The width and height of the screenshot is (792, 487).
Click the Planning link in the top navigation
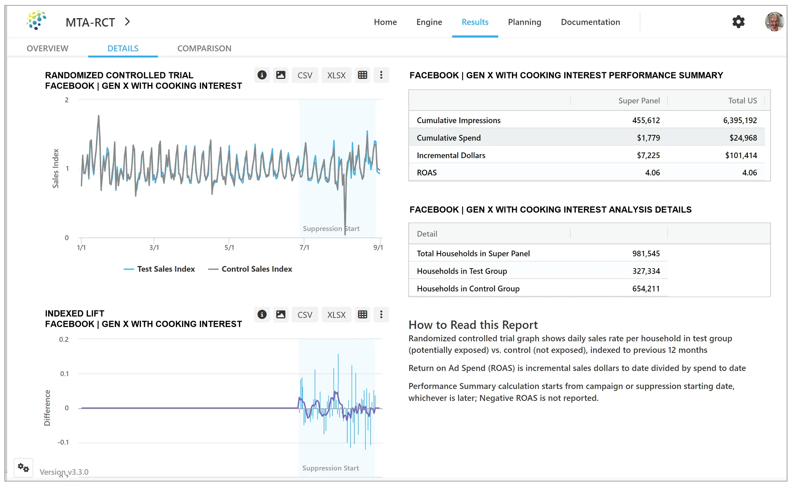pyautogui.click(x=524, y=22)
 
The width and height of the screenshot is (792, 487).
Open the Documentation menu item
pyautogui.click(x=590, y=22)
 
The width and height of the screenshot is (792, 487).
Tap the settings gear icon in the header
pyautogui.click(x=738, y=22)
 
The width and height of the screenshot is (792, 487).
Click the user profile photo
pyautogui.click(x=774, y=22)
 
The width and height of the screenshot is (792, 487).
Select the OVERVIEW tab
pyautogui.click(x=48, y=48)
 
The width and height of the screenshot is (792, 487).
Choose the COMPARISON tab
pyautogui.click(x=204, y=48)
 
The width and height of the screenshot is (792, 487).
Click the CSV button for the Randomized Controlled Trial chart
pyautogui.click(x=304, y=75)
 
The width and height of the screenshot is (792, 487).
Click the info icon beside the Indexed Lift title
pyautogui.click(x=262, y=314)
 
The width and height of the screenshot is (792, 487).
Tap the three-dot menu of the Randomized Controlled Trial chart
pyautogui.click(x=381, y=75)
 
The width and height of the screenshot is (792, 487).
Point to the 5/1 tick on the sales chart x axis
pyautogui.click(x=229, y=247)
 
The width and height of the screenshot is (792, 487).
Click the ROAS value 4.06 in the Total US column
pyautogui.click(x=749, y=173)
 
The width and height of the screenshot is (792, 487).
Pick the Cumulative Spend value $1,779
pyautogui.click(x=648, y=138)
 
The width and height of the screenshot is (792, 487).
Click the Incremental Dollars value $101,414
pyautogui.click(x=741, y=155)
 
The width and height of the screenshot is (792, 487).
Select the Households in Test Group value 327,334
pyautogui.click(x=646, y=271)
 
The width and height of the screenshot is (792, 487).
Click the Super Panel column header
pyautogui.click(x=639, y=101)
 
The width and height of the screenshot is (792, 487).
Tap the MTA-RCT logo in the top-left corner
pyautogui.click(x=36, y=20)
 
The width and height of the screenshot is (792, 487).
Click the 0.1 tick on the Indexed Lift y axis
pyautogui.click(x=64, y=374)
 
